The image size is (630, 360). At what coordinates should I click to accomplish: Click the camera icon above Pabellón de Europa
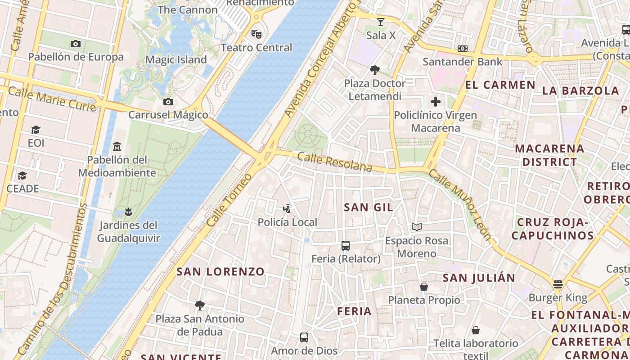coord(76,44)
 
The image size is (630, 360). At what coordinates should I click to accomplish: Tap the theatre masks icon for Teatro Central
coord(256,34)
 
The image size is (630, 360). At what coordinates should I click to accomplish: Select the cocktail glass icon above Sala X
coord(381,22)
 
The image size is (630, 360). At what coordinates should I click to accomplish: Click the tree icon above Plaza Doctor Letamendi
coord(374,70)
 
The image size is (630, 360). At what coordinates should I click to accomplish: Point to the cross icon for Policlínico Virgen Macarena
coord(435,102)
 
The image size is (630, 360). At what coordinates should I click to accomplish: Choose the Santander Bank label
coord(462,62)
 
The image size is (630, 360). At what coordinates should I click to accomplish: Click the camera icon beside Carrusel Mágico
coord(168,102)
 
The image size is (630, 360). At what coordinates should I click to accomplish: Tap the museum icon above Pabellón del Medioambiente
coord(117,146)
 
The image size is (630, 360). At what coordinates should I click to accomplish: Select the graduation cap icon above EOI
coord(36,130)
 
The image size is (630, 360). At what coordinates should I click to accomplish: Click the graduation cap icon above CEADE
coord(22,175)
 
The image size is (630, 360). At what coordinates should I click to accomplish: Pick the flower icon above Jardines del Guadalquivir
coord(128,212)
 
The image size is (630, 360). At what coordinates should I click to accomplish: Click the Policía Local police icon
coord(287,209)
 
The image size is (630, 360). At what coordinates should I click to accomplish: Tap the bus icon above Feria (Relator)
coord(346,246)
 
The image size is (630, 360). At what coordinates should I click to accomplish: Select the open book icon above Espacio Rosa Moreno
coord(417,227)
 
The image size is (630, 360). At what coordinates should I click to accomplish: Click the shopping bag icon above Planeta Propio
coord(423,287)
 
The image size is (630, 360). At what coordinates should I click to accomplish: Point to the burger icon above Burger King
coord(558,284)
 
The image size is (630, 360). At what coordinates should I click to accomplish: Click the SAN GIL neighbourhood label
coord(369,207)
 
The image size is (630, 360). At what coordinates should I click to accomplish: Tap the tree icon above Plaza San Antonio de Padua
coord(200,306)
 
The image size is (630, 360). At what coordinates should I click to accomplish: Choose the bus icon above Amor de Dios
coord(304,337)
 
